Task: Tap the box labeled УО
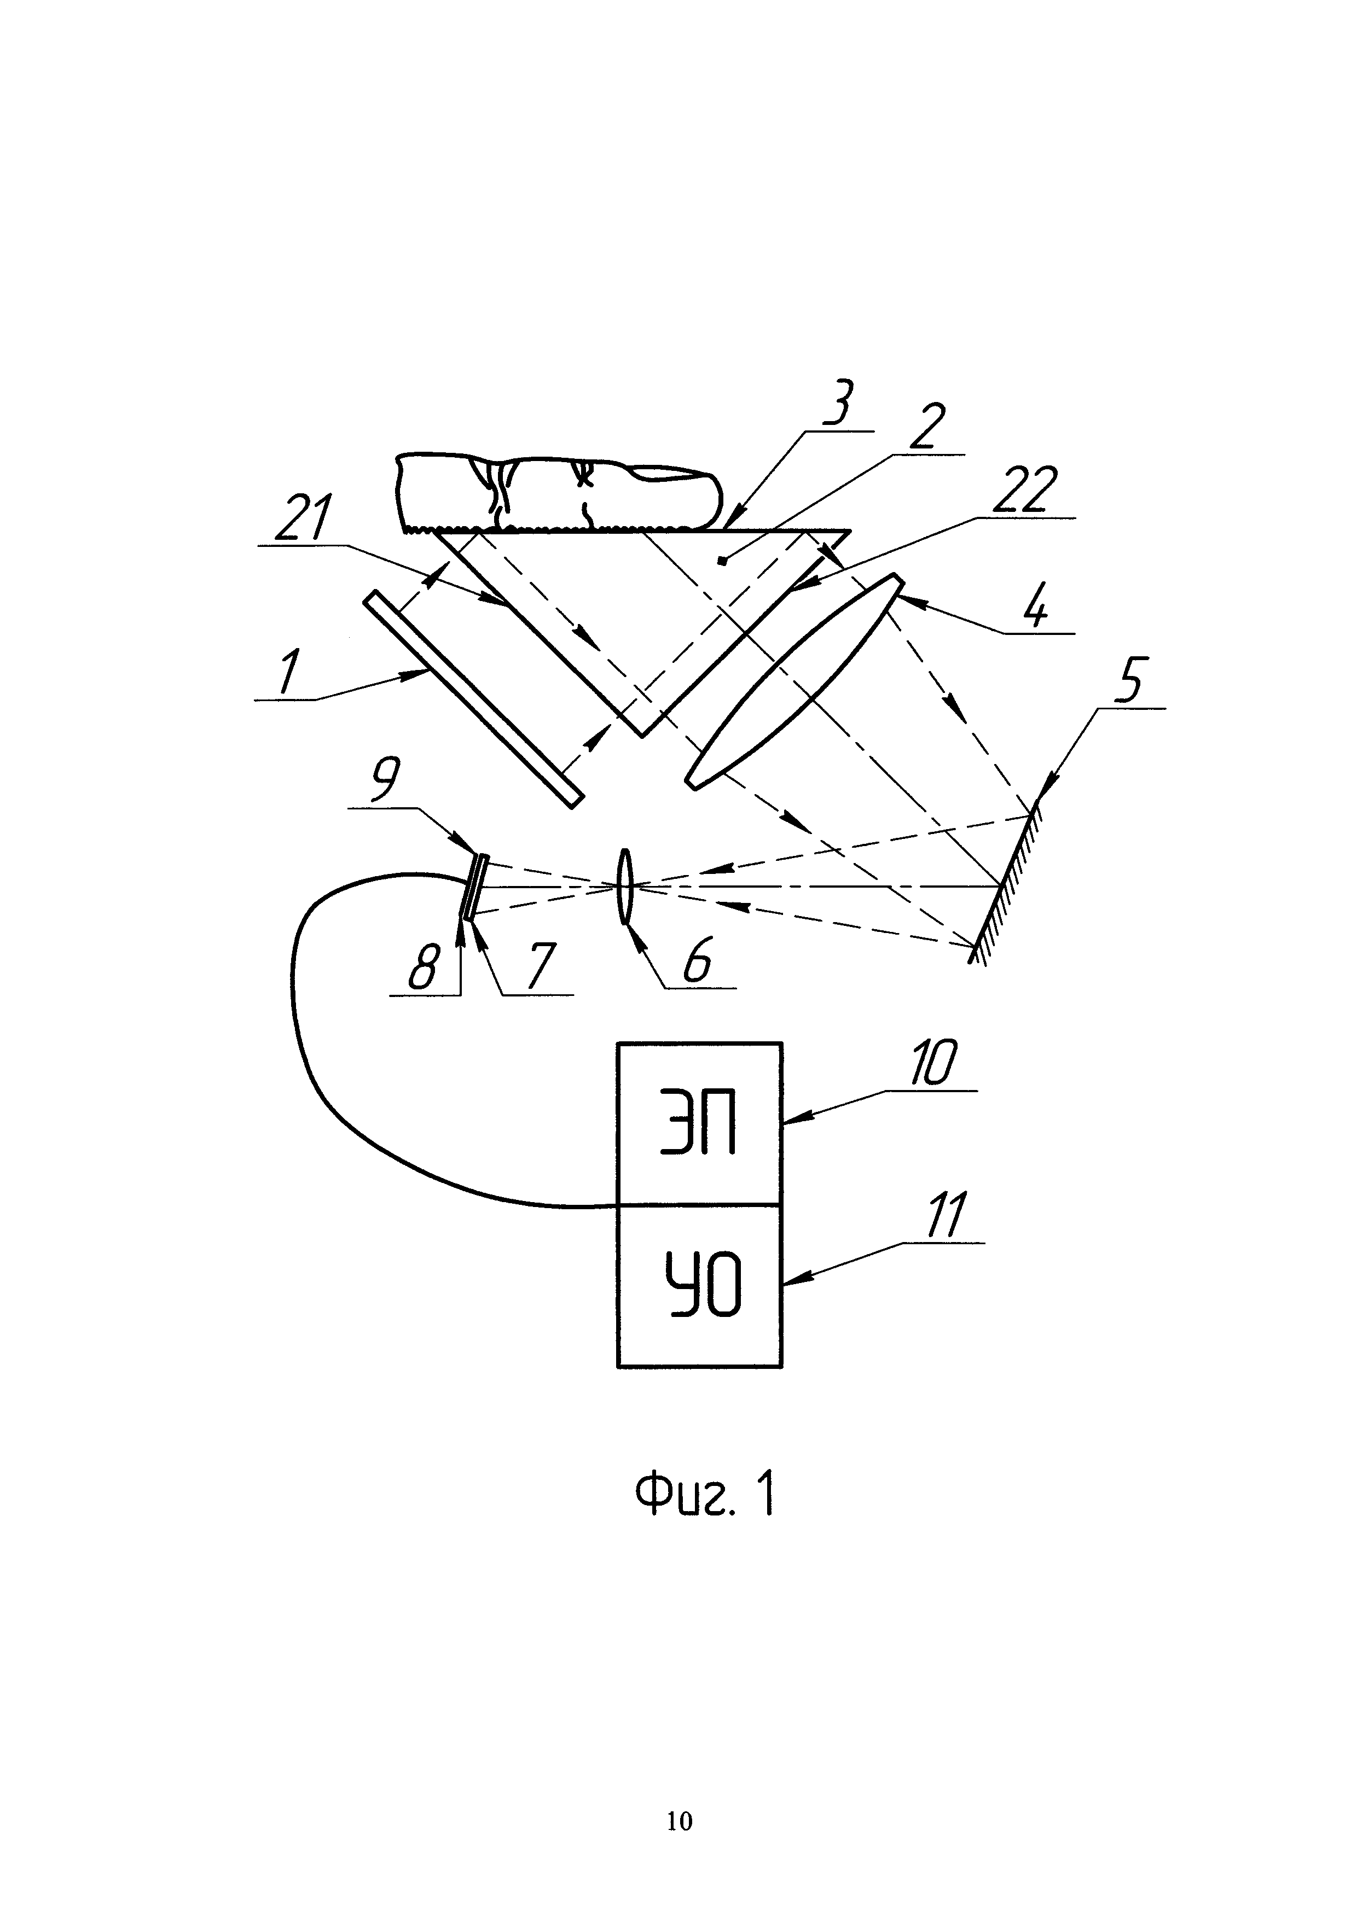click(x=699, y=1286)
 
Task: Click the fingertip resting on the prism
click(x=556, y=493)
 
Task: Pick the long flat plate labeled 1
click(x=473, y=698)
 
